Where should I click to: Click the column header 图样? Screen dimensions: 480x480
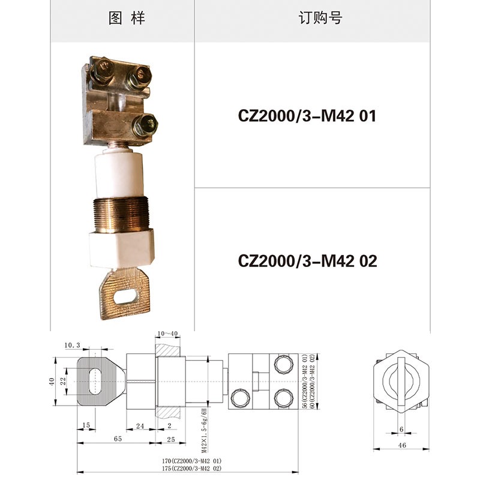coord(127,18)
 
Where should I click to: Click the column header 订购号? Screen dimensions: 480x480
coord(320,18)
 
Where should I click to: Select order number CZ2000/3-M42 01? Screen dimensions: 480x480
coord(307,116)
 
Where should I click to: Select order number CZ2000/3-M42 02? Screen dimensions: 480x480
coord(307,261)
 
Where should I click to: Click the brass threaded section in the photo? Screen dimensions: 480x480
coord(121,215)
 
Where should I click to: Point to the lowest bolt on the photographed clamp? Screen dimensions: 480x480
coord(145,125)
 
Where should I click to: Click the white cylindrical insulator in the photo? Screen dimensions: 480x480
coord(119,175)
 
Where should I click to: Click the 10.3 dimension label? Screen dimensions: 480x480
coord(72,346)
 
